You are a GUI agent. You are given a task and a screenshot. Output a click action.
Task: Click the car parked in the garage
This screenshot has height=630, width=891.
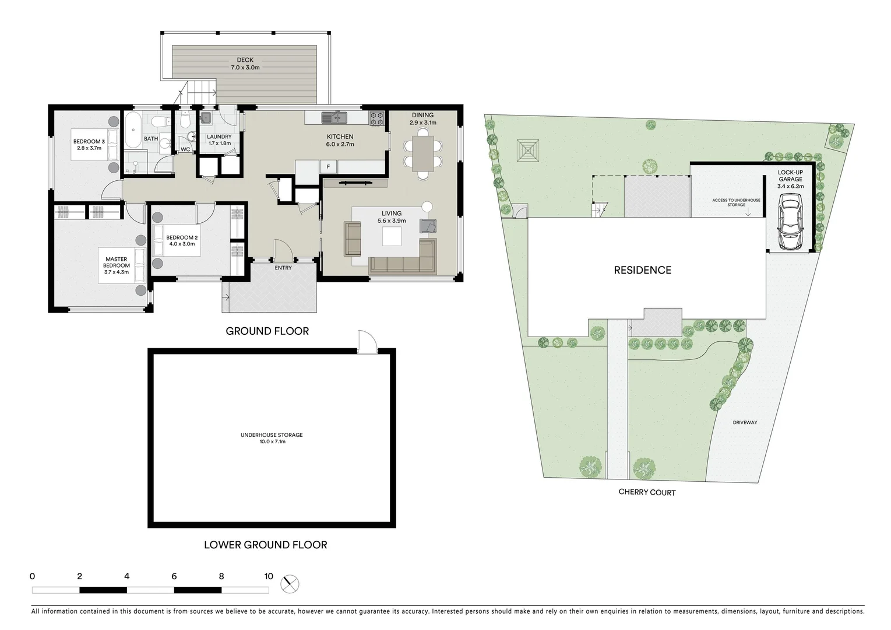click(791, 222)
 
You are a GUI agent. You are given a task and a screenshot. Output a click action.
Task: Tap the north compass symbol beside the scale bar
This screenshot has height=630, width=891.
click(290, 583)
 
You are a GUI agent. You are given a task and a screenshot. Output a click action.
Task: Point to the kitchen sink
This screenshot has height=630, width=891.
click(334, 118)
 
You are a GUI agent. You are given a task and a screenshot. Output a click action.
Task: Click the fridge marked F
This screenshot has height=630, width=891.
click(328, 167)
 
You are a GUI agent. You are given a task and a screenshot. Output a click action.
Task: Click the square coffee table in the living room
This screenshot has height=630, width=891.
click(392, 236)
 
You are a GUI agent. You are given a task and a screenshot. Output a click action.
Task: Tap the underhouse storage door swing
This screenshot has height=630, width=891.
click(367, 341)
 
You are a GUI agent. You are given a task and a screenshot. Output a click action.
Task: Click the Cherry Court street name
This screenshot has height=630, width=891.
click(647, 492)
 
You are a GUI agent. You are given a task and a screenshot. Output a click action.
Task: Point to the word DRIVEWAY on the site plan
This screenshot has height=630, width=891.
click(745, 422)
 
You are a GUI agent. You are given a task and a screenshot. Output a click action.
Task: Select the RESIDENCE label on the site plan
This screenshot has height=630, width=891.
click(642, 270)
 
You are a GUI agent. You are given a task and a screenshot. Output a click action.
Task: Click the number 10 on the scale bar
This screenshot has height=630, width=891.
click(268, 576)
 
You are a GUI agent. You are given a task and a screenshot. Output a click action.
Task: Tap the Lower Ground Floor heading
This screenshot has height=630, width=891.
click(265, 545)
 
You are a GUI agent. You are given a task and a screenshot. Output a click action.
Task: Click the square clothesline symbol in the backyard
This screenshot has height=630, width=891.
click(528, 150)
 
